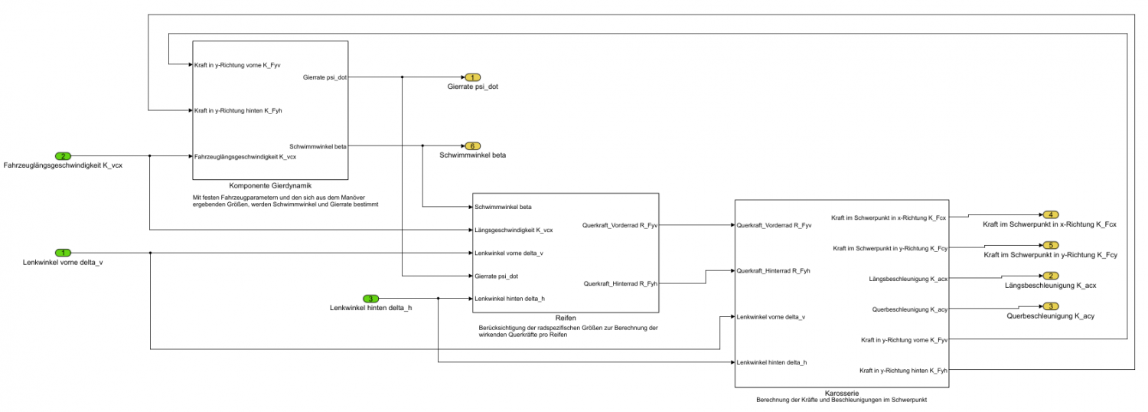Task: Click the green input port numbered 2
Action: (x=64, y=156)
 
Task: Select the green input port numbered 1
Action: (x=64, y=253)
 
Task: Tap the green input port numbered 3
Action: (x=370, y=298)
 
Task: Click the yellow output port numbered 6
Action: (x=472, y=146)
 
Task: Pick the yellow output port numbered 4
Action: (x=1051, y=214)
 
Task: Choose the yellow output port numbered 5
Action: (x=1051, y=245)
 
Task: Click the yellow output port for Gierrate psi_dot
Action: (x=472, y=77)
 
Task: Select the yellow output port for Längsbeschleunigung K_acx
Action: (x=1051, y=276)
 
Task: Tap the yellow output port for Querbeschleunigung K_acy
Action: (x=1051, y=306)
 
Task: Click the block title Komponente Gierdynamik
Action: (x=269, y=185)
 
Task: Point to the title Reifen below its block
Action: (x=566, y=317)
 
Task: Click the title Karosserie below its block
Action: (x=842, y=392)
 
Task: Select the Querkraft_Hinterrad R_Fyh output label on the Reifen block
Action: (x=619, y=283)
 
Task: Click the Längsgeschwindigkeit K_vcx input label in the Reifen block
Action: (x=514, y=230)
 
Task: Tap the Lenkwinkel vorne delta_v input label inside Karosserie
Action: (x=771, y=316)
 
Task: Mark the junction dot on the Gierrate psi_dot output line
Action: (x=403, y=77)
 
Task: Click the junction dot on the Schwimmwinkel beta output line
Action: (x=422, y=146)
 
